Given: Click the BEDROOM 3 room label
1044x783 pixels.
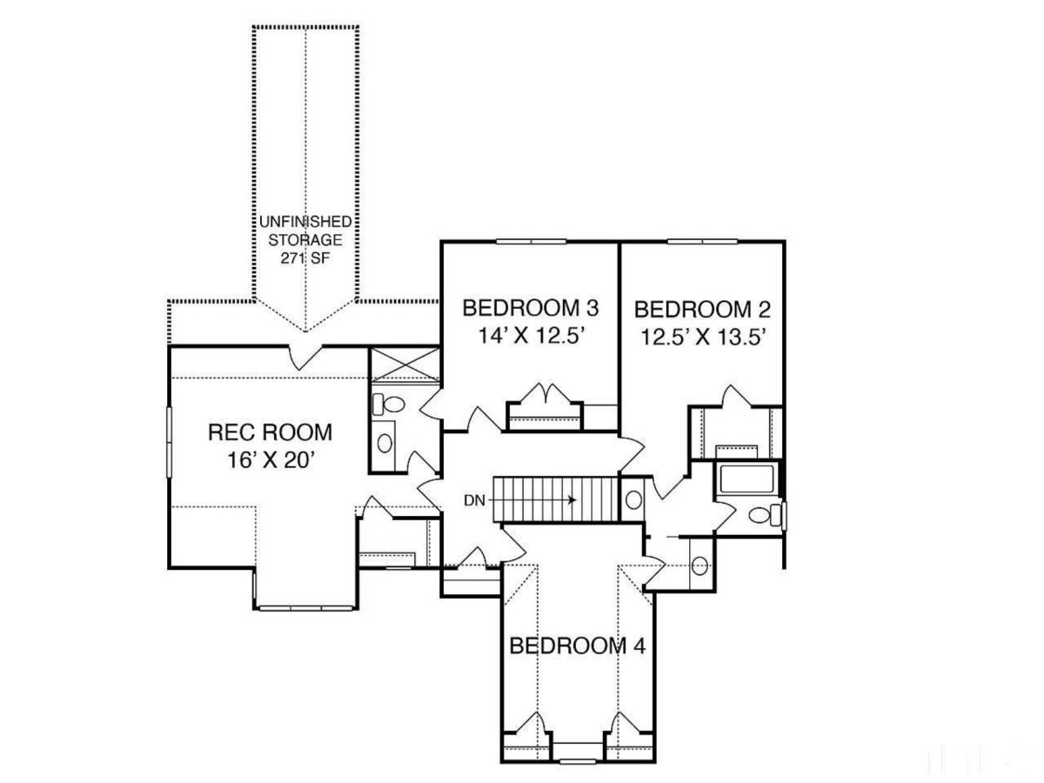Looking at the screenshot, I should [531, 308].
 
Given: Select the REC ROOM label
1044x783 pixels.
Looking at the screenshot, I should [270, 432].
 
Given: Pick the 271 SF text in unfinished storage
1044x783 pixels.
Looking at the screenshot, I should [304, 258].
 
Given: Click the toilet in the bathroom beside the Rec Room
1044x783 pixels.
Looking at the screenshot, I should [389, 404].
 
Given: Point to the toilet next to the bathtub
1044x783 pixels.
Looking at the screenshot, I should [763, 515].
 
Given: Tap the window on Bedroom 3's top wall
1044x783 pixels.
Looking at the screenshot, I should [531, 241].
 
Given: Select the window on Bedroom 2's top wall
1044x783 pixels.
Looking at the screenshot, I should [701, 241].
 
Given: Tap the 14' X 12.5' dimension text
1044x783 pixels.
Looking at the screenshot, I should [530, 336].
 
